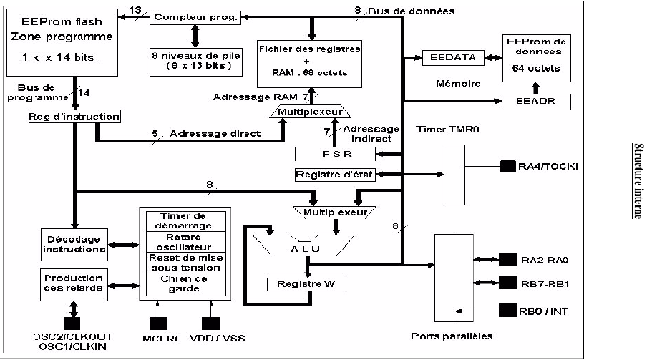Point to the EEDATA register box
454,57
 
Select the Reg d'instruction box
74,116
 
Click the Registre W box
306,283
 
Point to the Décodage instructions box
73,243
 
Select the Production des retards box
73,283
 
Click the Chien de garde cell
184,284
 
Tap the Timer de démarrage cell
184,220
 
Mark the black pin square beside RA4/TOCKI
507,167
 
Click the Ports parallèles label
461,336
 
